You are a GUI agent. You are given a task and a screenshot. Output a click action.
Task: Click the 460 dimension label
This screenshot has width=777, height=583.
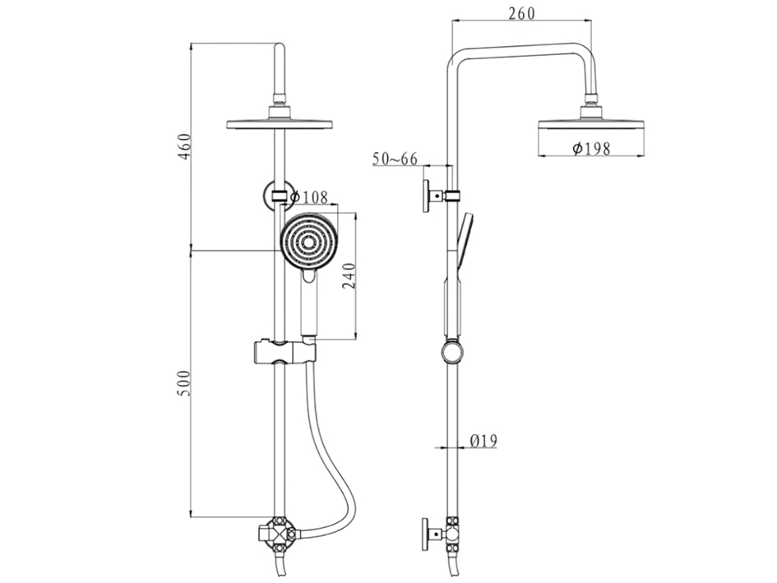(x=184, y=146)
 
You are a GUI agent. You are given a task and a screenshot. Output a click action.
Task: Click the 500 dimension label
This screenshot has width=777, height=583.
(x=184, y=382)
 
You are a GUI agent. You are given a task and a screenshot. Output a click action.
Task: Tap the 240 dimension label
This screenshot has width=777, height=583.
(x=349, y=276)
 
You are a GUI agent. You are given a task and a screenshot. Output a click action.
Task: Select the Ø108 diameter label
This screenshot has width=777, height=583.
(x=309, y=197)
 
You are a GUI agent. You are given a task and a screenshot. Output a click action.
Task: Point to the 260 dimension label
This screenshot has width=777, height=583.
(x=522, y=13)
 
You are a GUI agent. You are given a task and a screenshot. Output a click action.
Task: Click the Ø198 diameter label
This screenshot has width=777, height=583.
(x=591, y=148)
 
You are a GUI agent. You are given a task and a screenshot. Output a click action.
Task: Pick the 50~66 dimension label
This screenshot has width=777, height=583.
(x=395, y=159)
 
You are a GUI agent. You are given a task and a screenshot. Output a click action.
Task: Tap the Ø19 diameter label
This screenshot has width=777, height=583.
(x=483, y=440)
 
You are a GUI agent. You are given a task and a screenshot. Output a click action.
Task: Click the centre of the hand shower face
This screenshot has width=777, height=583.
(x=309, y=242)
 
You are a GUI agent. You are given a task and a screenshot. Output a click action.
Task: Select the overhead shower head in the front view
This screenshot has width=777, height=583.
(x=280, y=123)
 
